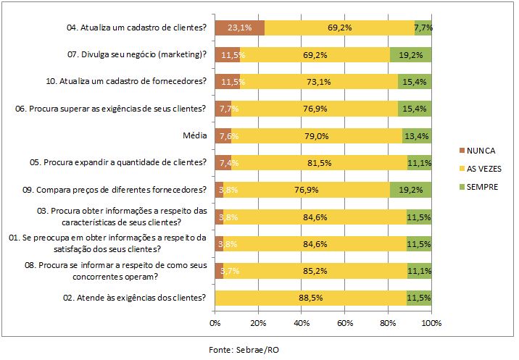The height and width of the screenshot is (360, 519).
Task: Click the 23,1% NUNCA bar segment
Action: point(239,28)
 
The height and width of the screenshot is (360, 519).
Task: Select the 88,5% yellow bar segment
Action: point(310,297)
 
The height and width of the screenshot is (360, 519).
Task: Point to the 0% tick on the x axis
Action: point(215,322)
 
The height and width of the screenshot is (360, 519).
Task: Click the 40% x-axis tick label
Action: point(302,322)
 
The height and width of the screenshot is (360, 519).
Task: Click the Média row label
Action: point(196,135)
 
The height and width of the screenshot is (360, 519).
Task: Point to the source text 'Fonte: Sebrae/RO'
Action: point(244,349)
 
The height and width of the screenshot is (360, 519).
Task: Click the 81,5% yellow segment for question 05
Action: point(319,162)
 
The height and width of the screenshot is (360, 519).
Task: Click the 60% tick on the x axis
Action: point(345,322)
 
